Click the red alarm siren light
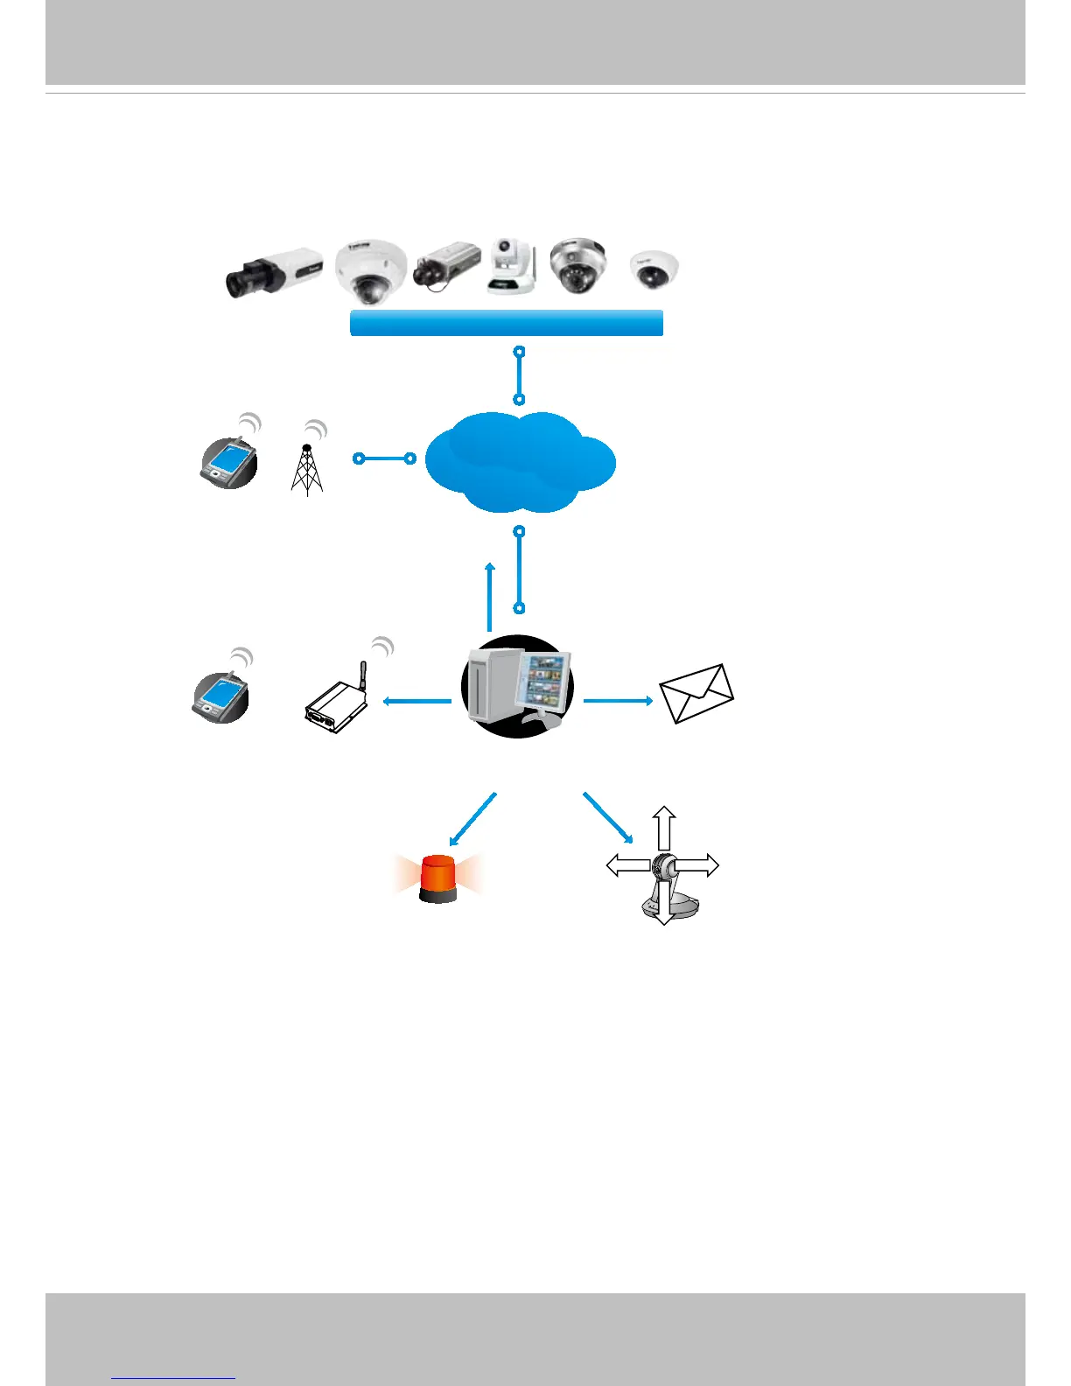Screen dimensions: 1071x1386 point(438,878)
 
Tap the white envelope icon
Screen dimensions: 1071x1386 point(696,693)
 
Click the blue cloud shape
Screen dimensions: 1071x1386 point(520,462)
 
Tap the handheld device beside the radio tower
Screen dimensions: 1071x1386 point(229,459)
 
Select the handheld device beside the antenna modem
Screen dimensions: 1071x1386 point(220,696)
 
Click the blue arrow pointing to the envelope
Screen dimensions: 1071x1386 point(618,700)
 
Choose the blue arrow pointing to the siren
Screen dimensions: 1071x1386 point(472,819)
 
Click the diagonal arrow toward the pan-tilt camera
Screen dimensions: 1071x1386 point(607,817)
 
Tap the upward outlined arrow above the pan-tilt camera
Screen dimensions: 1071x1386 point(664,827)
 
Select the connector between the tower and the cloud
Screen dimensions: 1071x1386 point(384,458)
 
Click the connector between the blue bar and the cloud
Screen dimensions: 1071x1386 point(520,375)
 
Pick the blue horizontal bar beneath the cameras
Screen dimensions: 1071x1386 point(506,323)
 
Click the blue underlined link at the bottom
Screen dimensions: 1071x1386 point(174,1377)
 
